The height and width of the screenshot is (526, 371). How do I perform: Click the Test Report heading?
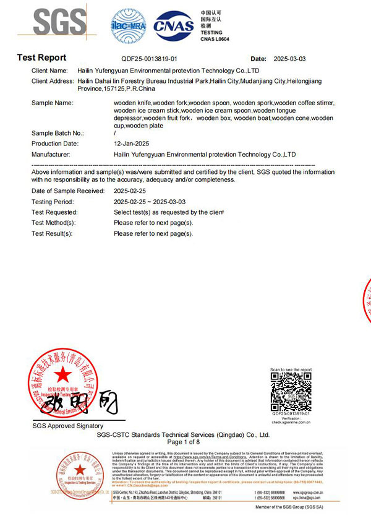pos(41,58)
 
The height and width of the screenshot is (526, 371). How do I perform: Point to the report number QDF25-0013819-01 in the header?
pos(144,59)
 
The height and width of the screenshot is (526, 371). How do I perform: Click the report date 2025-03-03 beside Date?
pos(289,59)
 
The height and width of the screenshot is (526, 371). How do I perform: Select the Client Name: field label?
pos(49,71)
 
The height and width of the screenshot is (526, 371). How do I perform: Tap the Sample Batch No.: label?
pos(57,133)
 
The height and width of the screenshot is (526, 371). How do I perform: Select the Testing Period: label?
pos(53,202)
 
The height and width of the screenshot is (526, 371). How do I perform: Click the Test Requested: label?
pos(54,212)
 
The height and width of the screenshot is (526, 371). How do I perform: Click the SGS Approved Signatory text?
pos(68,426)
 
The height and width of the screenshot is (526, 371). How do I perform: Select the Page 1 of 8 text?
pos(184,442)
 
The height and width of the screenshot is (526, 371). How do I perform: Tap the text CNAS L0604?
pos(215,39)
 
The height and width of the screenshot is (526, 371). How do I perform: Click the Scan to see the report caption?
pos(291,369)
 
